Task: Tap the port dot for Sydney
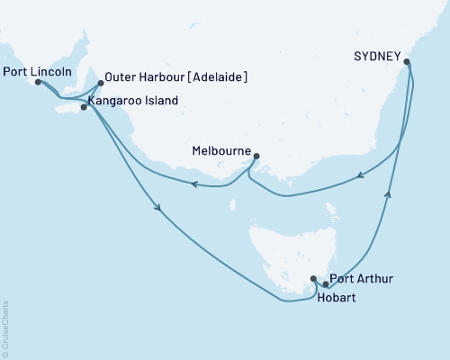point(408,62)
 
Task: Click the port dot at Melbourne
point(256,156)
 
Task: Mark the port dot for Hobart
point(313,279)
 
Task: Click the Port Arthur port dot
point(326,284)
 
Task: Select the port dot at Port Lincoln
point(38,82)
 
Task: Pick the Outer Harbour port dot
point(100,83)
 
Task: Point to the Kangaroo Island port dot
point(84,107)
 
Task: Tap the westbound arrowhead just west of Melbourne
point(193,184)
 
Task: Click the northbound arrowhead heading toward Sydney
point(389,192)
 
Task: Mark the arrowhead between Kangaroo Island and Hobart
point(159,211)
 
